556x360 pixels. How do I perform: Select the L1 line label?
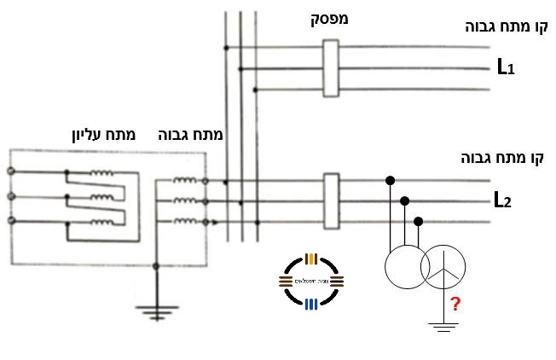coord(506,66)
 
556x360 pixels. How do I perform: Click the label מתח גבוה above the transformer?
coord(191,135)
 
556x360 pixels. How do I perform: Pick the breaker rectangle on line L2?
coord(332,200)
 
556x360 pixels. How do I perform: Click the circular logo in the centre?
coord(311,281)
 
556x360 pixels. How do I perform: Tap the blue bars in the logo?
coord(311,303)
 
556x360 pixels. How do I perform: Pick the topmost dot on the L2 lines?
coord(391,180)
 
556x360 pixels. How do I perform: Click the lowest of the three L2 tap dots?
coord(418,221)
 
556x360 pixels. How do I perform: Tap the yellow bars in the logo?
coord(311,258)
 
